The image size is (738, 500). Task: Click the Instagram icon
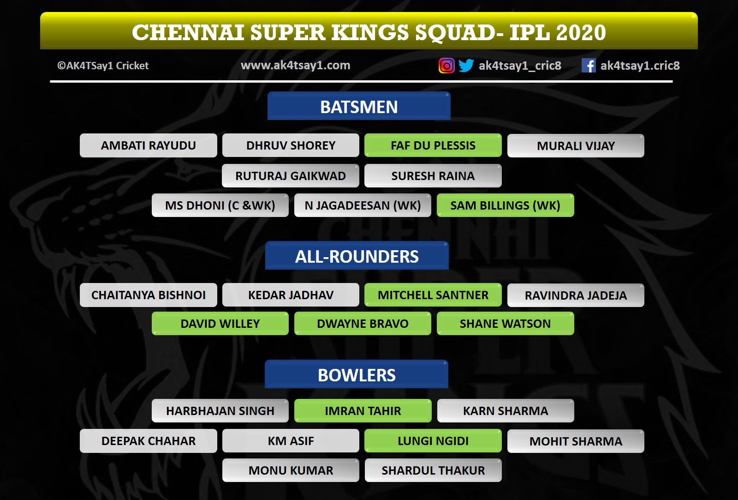[x=446, y=65]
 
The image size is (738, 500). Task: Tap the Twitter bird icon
[x=466, y=65]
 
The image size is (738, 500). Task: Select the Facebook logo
[x=589, y=65]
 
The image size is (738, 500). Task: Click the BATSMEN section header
[x=359, y=106]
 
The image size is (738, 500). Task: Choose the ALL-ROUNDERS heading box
[x=357, y=256]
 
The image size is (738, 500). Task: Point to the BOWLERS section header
[x=357, y=374]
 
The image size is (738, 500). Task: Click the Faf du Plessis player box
[x=433, y=145]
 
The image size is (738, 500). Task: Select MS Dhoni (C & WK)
[x=220, y=205]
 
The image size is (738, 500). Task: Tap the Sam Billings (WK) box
[x=506, y=205]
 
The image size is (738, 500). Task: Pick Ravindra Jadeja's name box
[x=576, y=295]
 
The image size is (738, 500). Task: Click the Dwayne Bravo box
[x=363, y=324]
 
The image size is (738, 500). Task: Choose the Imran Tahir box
[x=363, y=410]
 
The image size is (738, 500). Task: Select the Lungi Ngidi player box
[x=433, y=440]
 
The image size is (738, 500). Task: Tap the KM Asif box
[x=291, y=440]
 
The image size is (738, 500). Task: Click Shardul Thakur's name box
[x=433, y=470]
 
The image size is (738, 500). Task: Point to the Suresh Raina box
[x=433, y=176]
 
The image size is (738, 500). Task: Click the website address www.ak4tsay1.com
[x=296, y=65]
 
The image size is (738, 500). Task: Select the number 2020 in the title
[x=581, y=32]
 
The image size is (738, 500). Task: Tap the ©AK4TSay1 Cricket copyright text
[x=103, y=66]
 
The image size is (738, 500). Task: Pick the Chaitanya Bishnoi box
[x=148, y=295]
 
